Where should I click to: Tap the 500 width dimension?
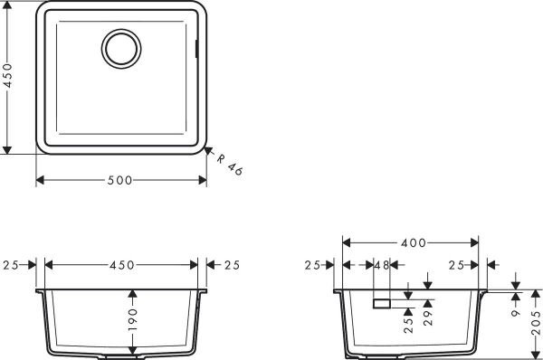(120, 180)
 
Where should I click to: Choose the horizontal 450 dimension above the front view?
(121, 265)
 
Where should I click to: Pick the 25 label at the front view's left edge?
(12, 265)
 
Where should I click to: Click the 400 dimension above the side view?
(412, 243)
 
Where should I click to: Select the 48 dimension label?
(380, 265)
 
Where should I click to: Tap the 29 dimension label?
(429, 317)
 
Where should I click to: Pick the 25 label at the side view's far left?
(312, 265)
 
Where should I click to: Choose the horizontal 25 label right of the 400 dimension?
(457, 265)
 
